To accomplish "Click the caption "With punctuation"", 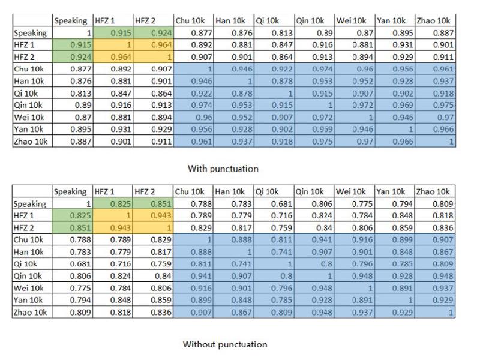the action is click(223, 169).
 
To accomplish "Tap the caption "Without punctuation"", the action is click(225, 344).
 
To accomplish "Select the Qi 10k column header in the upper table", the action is click(268, 21).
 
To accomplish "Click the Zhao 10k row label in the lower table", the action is click(30, 312).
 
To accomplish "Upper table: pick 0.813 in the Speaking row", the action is click(282, 33).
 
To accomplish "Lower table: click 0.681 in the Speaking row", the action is click(281, 203).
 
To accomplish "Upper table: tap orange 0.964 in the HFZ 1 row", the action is click(161, 45).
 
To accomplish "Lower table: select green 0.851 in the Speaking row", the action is click(161, 203).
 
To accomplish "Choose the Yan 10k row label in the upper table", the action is click(28, 129).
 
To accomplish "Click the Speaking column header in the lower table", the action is click(70, 192).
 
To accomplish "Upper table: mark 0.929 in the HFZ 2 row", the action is click(403, 57).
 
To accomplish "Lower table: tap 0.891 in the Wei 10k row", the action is click(402, 288).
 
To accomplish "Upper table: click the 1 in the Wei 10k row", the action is click(370, 117).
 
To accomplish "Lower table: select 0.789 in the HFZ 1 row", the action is click(201, 216).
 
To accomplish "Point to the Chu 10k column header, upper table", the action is click(190, 21).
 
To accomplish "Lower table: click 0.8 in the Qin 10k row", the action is click(287, 276).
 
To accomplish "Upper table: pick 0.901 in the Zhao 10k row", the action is click(121, 142).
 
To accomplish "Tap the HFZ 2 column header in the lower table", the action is click(145, 192).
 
